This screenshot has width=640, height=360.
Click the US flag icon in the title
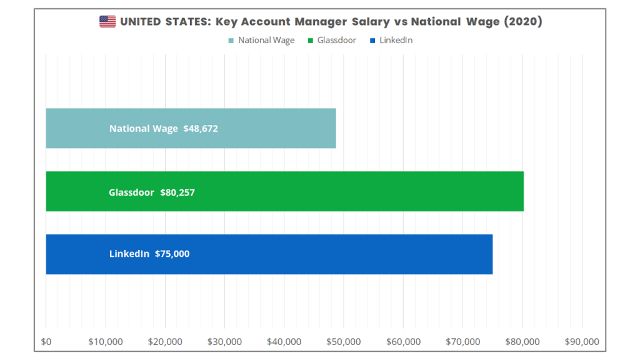(x=107, y=22)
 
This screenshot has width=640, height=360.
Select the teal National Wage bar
(x=191, y=128)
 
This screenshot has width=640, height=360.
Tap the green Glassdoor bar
(x=284, y=191)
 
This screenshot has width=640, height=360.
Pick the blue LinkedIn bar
(x=269, y=254)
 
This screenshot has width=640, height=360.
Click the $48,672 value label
(x=201, y=129)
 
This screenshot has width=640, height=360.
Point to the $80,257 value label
(x=177, y=192)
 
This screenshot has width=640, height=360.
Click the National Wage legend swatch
(x=231, y=41)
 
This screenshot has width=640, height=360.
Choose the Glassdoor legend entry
(x=332, y=41)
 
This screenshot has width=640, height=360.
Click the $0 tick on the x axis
(x=46, y=341)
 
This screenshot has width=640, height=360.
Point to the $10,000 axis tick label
(x=106, y=341)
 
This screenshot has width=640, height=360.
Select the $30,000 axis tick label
(x=224, y=341)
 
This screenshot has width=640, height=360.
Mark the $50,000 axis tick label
(x=344, y=341)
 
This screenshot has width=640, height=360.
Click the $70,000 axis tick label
(x=463, y=341)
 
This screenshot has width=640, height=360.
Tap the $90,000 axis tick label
(x=582, y=341)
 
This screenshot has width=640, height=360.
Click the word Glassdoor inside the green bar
(x=131, y=192)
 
